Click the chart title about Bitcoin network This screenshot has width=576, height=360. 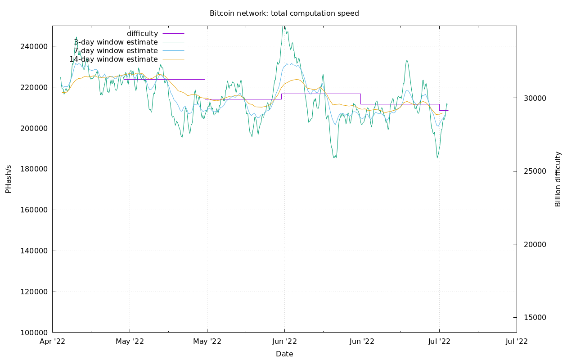(x=284, y=13)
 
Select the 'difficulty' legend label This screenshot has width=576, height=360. (x=142, y=34)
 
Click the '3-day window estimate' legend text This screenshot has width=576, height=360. (x=116, y=42)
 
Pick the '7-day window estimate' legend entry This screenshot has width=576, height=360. (x=116, y=51)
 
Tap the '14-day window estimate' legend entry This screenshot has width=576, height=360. (x=113, y=59)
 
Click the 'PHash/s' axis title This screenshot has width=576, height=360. (x=9, y=179)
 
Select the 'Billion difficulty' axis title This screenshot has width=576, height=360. (x=558, y=179)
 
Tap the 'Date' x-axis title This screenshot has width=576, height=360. (x=284, y=354)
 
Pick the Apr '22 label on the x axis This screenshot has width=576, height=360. (x=53, y=342)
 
